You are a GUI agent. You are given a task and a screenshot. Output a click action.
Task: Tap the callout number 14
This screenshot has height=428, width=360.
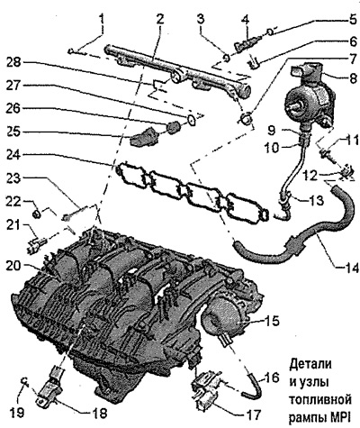coord(350,268)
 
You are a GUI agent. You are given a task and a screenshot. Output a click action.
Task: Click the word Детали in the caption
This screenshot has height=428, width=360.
coord(310,364)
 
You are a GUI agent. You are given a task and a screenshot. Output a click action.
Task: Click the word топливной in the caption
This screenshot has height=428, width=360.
coord(320,400)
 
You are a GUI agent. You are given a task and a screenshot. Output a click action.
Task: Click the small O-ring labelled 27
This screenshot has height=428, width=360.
coord(192,119)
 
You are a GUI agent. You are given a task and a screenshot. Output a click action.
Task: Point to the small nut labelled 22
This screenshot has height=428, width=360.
coord(36,214)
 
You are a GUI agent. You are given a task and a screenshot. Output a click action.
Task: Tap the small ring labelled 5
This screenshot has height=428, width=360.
coord(270,32)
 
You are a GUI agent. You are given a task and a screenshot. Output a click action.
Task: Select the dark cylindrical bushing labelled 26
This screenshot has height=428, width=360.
coord(173,127)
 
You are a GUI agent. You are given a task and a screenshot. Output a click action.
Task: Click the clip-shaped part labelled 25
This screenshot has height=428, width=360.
coord(143,137)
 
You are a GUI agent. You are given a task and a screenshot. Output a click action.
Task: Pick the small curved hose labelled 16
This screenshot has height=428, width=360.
coord(255,387)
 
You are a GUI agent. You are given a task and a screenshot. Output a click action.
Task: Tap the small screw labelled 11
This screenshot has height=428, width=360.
coord(325,155)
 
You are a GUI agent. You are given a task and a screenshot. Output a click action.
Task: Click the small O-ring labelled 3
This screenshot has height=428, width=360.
coord(227,57)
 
